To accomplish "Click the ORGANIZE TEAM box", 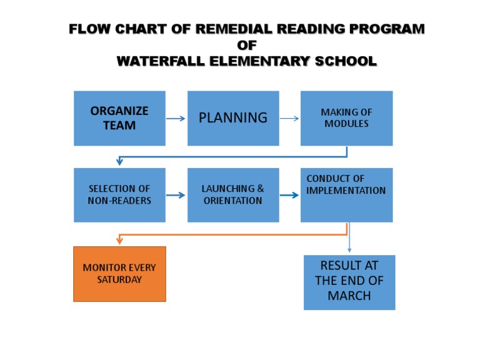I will [119, 118].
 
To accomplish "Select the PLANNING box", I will [233, 118].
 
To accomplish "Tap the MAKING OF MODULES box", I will [346, 118].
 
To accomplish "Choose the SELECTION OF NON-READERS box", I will [119, 194].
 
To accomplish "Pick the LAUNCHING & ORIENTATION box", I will [233, 194].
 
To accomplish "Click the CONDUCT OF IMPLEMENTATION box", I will [346, 194].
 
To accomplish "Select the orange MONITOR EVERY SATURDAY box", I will [119, 274].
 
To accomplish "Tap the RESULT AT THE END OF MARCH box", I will [349, 282].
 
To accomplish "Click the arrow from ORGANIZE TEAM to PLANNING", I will [176, 119].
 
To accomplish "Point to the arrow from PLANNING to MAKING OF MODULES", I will [289, 119].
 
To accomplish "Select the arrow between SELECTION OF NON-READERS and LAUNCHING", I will [176, 195].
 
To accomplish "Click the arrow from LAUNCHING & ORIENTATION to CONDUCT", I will [289, 195].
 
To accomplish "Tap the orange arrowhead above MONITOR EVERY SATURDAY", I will [119, 241].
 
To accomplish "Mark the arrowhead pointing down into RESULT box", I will [349, 250].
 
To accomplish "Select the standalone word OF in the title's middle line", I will [247, 45].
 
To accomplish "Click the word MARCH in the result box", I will [349, 296].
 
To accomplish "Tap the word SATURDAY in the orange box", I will [119, 280].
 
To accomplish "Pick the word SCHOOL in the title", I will [346, 61].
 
